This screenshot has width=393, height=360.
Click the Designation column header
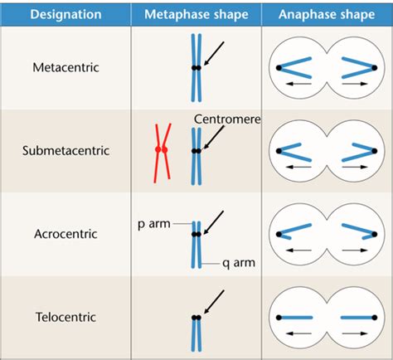[x=65, y=14]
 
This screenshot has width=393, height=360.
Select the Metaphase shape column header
[x=196, y=14]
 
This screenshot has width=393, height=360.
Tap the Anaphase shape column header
[x=327, y=14]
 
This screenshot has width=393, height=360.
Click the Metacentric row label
[x=65, y=67]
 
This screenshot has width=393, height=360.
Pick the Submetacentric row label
[x=65, y=151]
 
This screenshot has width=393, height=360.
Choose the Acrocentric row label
[x=65, y=234]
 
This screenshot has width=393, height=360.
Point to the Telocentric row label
[x=65, y=317]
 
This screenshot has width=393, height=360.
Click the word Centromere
[x=227, y=119]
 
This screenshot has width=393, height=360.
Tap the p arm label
[x=154, y=224]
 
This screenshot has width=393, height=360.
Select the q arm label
[x=239, y=263]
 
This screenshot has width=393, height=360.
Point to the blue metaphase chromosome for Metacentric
[x=196, y=68]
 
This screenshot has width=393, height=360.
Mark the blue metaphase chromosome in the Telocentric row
[x=196, y=333]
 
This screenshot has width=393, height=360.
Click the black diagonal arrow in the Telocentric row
[x=214, y=302]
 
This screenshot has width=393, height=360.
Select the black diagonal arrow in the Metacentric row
[x=214, y=54]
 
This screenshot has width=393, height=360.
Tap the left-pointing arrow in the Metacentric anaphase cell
[x=298, y=84]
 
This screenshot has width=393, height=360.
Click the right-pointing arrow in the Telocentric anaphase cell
[x=355, y=333]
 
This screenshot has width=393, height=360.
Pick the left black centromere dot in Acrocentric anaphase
[x=279, y=235]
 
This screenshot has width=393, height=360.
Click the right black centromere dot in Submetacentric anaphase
[x=375, y=151]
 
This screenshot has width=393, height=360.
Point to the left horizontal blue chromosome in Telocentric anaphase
[x=295, y=318]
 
